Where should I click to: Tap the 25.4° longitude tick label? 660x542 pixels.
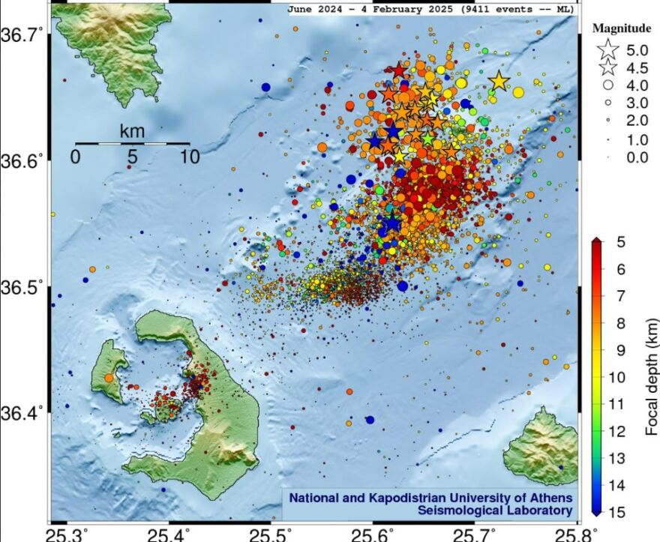(169, 534)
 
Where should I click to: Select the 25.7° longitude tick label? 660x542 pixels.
(476, 534)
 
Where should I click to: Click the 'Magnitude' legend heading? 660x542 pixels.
(622, 28)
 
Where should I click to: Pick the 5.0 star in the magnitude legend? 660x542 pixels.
(608, 50)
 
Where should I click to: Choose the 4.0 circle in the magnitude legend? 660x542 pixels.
(608, 85)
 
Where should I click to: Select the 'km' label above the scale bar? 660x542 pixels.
(132, 131)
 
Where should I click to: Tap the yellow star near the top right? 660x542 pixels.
(499, 82)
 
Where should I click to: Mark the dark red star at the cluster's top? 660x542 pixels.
(398, 70)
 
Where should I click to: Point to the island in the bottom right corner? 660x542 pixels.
(541, 447)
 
